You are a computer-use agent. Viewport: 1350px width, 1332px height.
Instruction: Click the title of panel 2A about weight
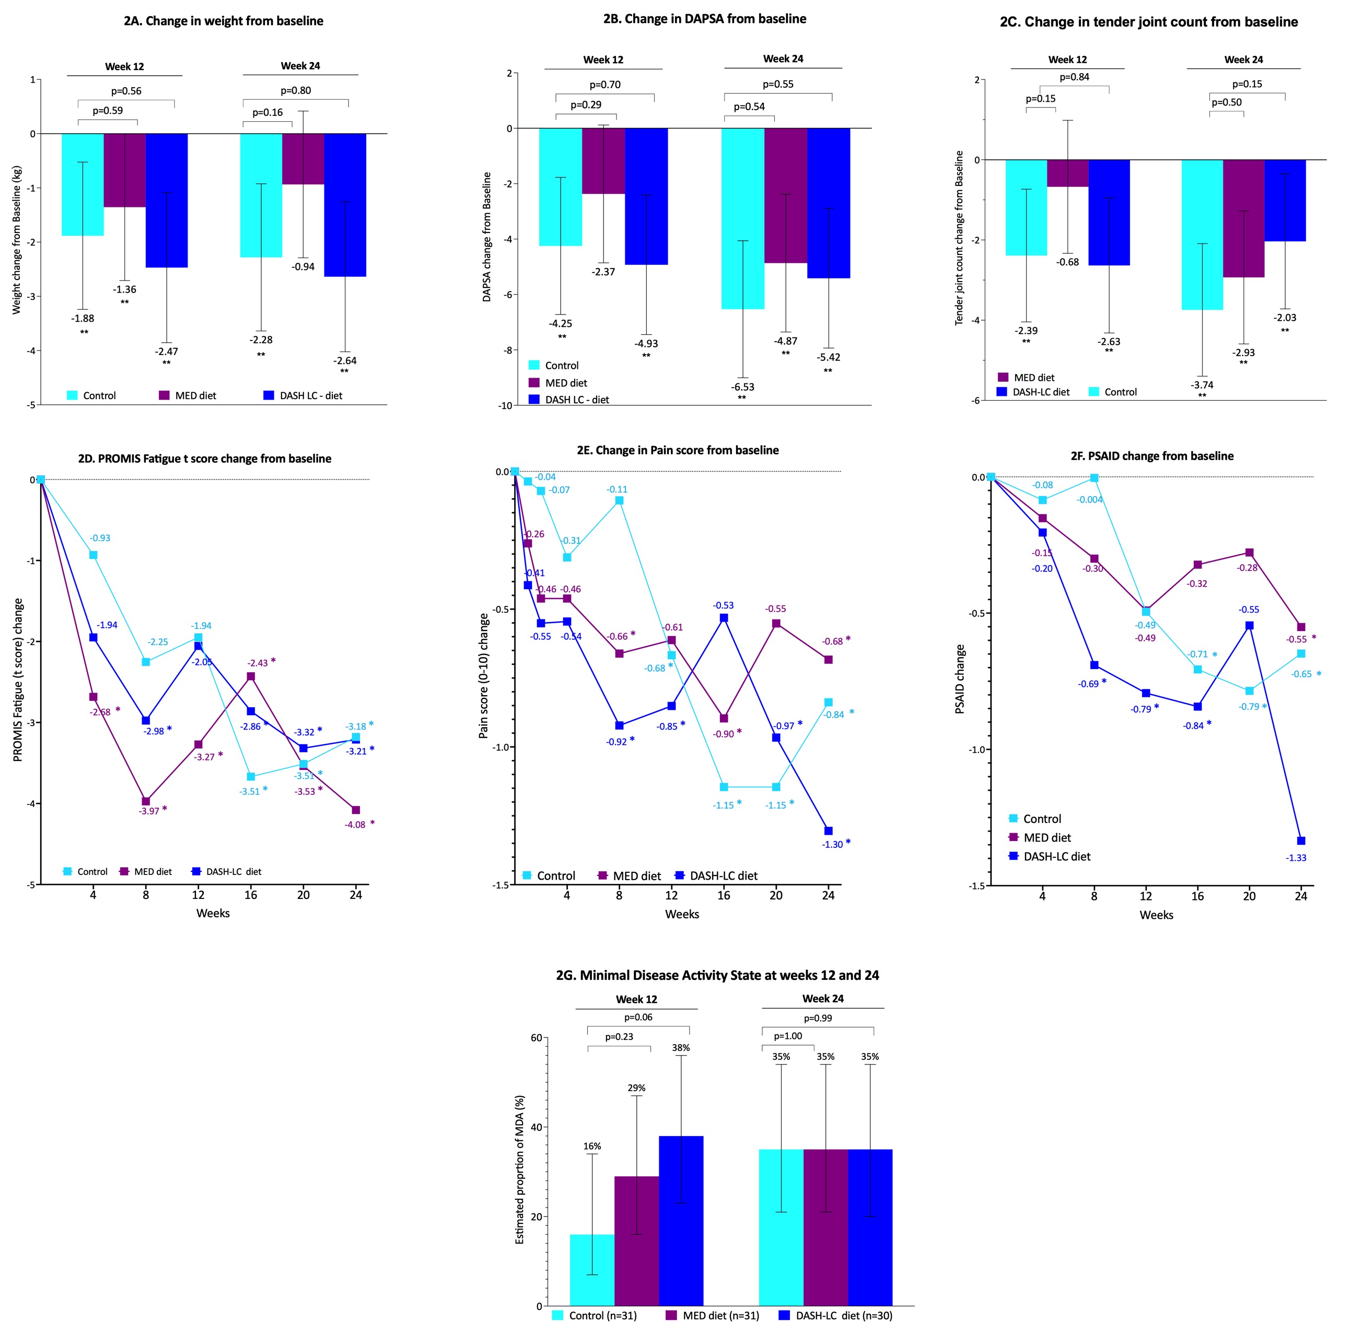pyautogui.click(x=224, y=21)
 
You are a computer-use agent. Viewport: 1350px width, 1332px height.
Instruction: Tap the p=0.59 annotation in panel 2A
pyautogui.click(x=108, y=110)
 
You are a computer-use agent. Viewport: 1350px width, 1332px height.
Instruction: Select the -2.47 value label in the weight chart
pyautogui.click(x=166, y=352)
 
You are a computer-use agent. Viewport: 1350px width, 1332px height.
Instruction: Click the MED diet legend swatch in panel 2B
pyautogui.click(x=534, y=383)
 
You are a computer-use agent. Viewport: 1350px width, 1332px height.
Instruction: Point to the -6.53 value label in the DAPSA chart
pyautogui.click(x=743, y=387)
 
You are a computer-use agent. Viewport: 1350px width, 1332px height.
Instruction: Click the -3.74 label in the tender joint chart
pyautogui.click(x=1202, y=385)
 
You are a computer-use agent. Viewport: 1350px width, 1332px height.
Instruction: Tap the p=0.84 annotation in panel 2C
pyautogui.click(x=1074, y=77)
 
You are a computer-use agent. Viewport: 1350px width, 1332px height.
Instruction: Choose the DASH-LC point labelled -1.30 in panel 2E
pyautogui.click(x=828, y=831)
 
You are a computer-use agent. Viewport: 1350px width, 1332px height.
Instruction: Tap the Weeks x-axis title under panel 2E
pyautogui.click(x=681, y=914)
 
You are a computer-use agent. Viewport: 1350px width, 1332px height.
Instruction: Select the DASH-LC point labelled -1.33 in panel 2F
pyautogui.click(x=1300, y=841)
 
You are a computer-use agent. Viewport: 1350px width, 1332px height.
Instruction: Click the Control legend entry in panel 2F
pyautogui.click(x=1041, y=819)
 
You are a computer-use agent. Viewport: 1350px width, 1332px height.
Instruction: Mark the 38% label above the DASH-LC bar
pyautogui.click(x=681, y=1048)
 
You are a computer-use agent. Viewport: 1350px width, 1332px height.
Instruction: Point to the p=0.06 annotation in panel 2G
pyautogui.click(x=638, y=1018)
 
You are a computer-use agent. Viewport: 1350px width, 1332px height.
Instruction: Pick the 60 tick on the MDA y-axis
pyautogui.click(x=536, y=1038)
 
